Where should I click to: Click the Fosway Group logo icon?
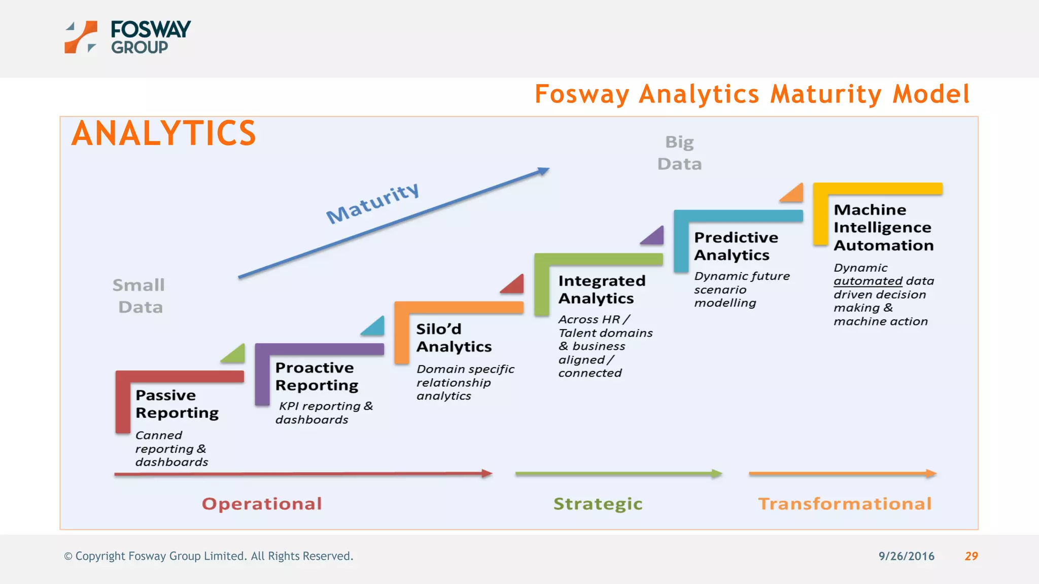(80, 37)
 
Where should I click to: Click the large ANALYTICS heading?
(163, 133)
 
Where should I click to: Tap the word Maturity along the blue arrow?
(373, 203)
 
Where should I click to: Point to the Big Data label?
(679, 153)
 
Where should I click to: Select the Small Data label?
(139, 296)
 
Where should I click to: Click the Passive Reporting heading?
(177, 404)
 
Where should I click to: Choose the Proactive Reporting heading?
(317, 376)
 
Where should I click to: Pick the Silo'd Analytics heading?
(454, 338)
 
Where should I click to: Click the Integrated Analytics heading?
(601, 289)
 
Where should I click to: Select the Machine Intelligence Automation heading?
(883, 227)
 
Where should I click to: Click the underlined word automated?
(868, 281)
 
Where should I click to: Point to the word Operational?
(262, 503)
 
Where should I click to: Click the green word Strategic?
(598, 503)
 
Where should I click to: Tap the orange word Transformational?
(845, 503)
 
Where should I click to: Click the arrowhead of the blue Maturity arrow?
(544, 171)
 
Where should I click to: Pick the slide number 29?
(971, 556)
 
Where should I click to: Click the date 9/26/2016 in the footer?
(906, 556)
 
